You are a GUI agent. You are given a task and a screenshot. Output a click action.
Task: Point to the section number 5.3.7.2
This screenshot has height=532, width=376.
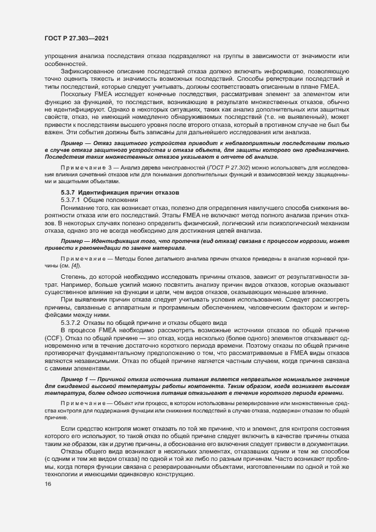tap(72, 322)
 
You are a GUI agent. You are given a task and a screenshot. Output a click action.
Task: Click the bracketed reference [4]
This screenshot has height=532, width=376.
tap(75, 266)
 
